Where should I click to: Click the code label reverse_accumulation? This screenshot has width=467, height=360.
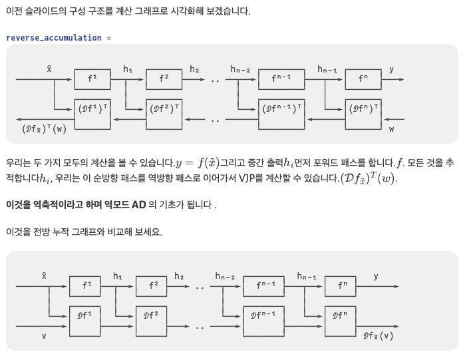point(54,38)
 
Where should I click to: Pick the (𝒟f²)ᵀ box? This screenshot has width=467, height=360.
point(163,108)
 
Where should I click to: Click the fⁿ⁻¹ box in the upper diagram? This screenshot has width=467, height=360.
point(281,79)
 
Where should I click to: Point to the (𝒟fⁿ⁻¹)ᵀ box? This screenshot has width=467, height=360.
point(281,108)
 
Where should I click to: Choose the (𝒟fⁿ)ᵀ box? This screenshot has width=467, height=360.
point(363,108)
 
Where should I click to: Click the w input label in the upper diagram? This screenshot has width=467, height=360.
point(391,128)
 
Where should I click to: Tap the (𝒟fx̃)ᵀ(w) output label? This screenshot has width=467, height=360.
point(45,129)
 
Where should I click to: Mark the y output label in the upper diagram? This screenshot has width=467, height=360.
point(391,69)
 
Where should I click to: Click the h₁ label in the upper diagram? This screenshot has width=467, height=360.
point(128,69)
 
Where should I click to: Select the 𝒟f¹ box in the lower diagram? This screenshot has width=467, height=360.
point(85,315)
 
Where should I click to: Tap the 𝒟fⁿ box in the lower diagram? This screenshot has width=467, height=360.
point(341,315)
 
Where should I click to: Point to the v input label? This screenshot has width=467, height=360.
point(45,336)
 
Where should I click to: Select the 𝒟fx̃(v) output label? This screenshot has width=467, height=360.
point(378,335)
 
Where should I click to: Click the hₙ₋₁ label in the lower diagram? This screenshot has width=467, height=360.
point(307,276)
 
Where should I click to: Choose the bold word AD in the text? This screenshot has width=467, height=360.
point(138,204)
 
